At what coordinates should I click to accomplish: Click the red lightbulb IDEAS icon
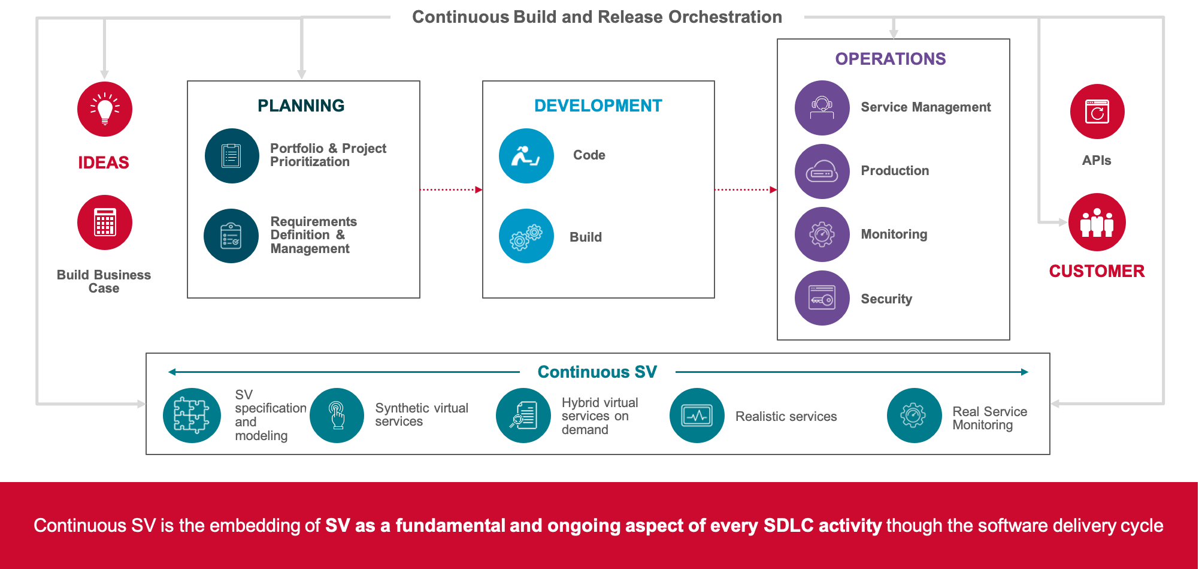coord(105,109)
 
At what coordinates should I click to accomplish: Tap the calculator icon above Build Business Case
coord(105,222)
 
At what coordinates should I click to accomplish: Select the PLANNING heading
coord(301,106)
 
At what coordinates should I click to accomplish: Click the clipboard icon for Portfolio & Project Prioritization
coord(231,156)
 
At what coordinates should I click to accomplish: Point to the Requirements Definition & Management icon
coord(231,236)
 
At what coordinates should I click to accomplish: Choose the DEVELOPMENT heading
coord(598,106)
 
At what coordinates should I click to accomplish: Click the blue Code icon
coord(526,156)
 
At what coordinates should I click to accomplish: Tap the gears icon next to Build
coord(526,236)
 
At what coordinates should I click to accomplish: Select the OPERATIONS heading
coord(891,59)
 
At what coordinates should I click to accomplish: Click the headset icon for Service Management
coord(822,108)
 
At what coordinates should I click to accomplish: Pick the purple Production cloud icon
coord(822,171)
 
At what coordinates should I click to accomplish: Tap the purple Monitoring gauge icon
coord(822,234)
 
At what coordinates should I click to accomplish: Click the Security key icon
coord(822,298)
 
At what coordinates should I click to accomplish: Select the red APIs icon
coord(1097,112)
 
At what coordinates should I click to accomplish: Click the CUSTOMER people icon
coord(1097,222)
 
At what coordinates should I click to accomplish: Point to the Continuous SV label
coord(597,372)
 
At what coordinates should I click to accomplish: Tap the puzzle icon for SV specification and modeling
coord(192,416)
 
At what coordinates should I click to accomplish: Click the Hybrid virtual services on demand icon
coord(523,416)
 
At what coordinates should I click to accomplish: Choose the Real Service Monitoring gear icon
coord(913,416)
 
